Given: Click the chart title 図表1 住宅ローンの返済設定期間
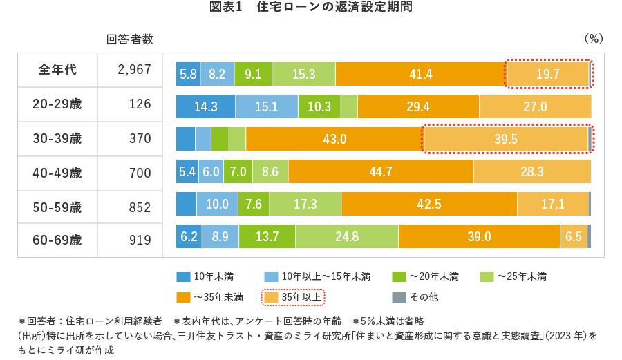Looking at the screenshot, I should click(x=310, y=8).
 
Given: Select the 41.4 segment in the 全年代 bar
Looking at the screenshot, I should click(x=420, y=74).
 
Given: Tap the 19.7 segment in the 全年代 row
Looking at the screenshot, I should click(x=547, y=74).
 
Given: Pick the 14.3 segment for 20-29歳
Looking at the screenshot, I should click(x=206, y=106).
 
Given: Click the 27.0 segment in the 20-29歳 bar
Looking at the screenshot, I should click(x=535, y=106).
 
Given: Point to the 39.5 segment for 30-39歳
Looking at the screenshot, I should click(x=505, y=139).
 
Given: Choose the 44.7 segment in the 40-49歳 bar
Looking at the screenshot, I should click(x=381, y=171).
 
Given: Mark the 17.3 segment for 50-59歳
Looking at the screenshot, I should click(x=305, y=204).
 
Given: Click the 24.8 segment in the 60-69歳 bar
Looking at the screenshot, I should click(x=347, y=236).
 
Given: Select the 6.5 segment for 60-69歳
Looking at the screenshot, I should click(x=573, y=236).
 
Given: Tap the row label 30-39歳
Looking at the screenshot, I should click(x=57, y=139).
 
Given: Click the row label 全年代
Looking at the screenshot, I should click(x=57, y=70).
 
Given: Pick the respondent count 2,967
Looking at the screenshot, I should click(x=130, y=70).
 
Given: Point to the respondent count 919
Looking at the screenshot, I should click(x=140, y=240).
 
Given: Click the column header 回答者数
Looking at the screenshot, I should click(x=130, y=39).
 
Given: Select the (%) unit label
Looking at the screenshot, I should click(x=594, y=39).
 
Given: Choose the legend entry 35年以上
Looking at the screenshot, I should click(x=293, y=297).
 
